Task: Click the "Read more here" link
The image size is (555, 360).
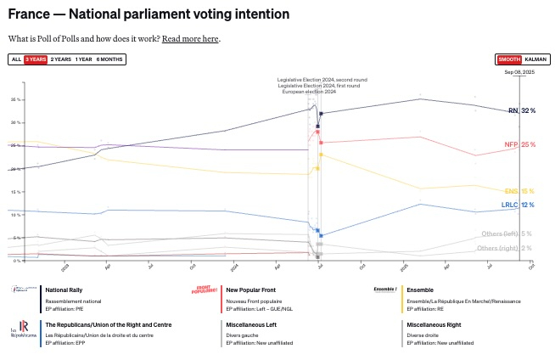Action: tap(191, 39)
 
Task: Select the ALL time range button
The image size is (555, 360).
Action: tap(16, 59)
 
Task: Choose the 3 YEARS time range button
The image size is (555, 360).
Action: tap(36, 59)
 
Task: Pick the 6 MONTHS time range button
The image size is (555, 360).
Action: tap(109, 59)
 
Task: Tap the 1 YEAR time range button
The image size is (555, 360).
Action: tap(84, 59)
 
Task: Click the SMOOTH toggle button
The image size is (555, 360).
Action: tap(509, 59)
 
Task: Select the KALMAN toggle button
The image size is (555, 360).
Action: tap(535, 59)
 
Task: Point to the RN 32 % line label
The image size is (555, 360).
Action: tap(521, 111)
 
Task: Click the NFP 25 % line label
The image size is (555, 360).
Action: tap(519, 145)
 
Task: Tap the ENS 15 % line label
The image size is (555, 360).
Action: tap(519, 192)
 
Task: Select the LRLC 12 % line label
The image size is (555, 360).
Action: tap(518, 205)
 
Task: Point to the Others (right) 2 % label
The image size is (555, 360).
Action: tap(504, 248)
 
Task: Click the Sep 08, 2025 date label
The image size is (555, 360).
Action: tap(519, 73)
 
